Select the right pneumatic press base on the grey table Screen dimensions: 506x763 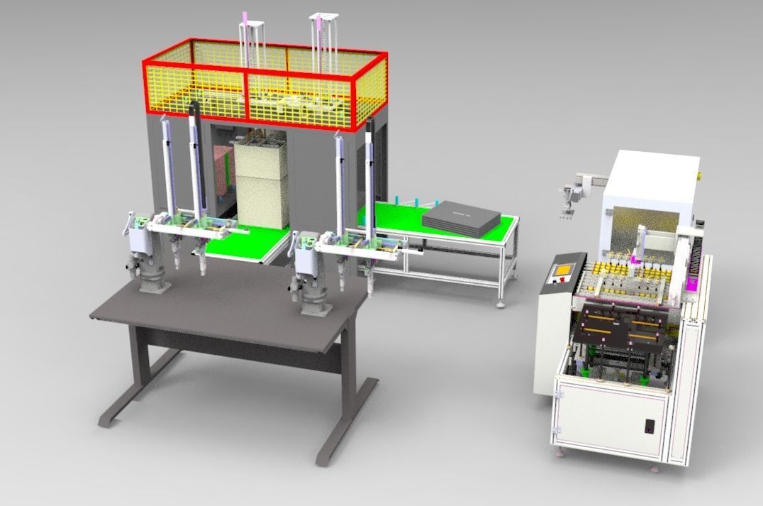pos(311,302)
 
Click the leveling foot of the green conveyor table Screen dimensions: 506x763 pos(501,304)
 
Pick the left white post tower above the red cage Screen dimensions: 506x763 pos(250,43)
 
